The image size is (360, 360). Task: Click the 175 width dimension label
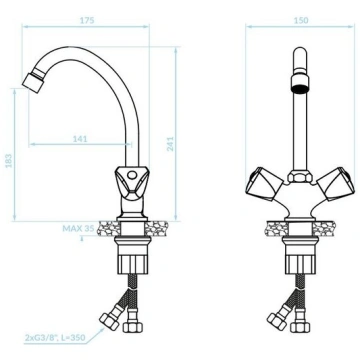pyautogui.click(x=87, y=20)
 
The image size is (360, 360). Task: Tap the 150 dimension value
pyautogui.click(x=301, y=20)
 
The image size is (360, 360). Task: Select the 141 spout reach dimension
pyautogui.click(x=80, y=139)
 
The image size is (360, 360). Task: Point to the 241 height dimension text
pyautogui.click(x=170, y=144)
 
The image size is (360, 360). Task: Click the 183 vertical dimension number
pyautogui.click(x=9, y=161)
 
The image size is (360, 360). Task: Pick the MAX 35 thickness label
pyautogui.click(x=78, y=229)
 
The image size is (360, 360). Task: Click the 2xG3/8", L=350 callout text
pyautogui.click(x=55, y=337)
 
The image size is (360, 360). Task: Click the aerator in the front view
pyautogui.click(x=301, y=83)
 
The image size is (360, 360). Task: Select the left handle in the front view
pyautogui.click(x=264, y=184)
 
